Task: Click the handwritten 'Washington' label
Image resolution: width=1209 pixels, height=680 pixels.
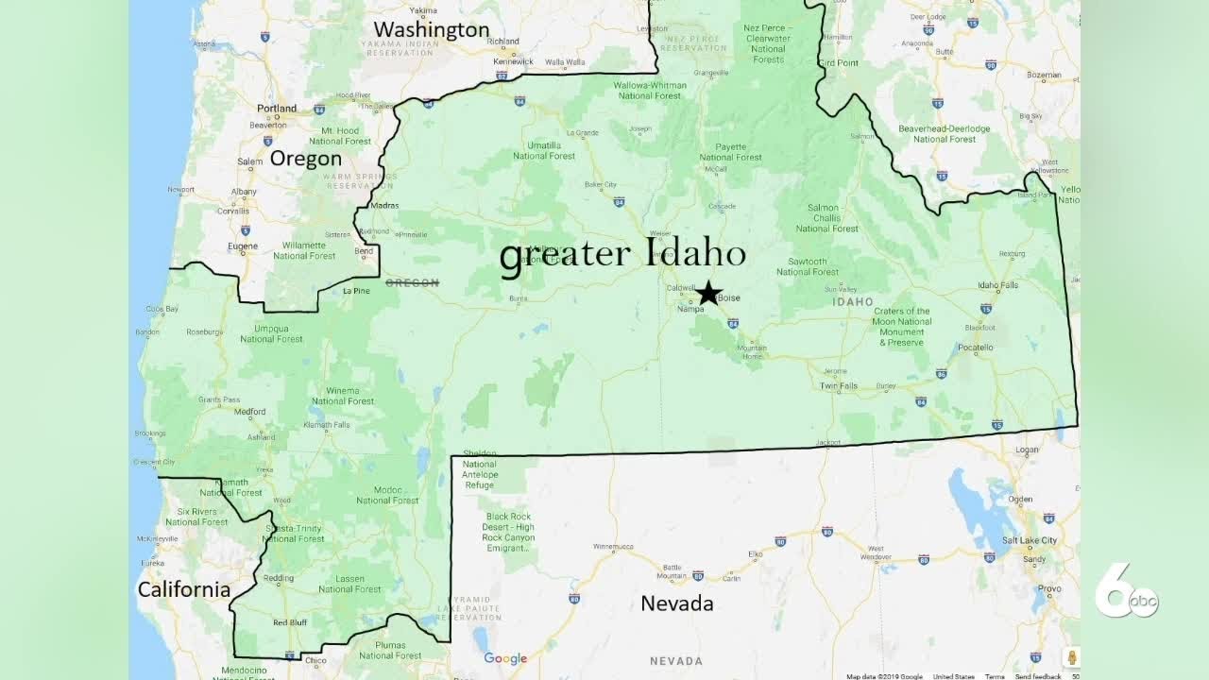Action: [x=431, y=30]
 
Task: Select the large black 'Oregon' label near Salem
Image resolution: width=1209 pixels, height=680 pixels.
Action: [x=305, y=159]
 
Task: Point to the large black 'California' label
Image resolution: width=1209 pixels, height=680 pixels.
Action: [x=183, y=590]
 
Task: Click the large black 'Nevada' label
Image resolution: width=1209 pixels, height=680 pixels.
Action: [x=676, y=603]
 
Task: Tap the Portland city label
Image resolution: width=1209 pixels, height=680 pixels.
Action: [x=277, y=109]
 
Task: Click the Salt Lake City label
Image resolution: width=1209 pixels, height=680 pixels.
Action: [x=1030, y=540]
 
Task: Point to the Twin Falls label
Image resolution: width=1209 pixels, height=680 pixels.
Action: [x=838, y=386]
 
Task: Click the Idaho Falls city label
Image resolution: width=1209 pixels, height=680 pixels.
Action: [x=997, y=285]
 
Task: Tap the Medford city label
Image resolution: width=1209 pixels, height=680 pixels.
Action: [x=250, y=412]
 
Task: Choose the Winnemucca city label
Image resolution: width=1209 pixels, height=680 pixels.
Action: [x=613, y=546]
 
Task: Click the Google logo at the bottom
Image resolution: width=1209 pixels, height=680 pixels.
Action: [x=505, y=658]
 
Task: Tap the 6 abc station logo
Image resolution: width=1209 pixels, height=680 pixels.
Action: [x=1125, y=594]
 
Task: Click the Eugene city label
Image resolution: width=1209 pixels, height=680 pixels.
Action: [x=243, y=246]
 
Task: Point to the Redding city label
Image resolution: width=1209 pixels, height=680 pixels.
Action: [x=279, y=578]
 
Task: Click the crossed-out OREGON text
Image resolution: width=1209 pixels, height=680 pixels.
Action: [x=412, y=282]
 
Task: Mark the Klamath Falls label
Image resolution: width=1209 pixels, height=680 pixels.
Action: [x=327, y=425]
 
